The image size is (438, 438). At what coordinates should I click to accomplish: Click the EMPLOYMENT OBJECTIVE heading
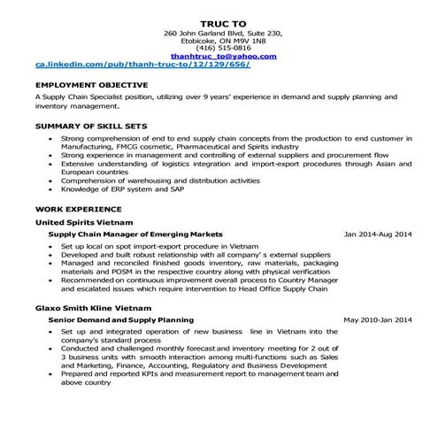[x=81, y=86]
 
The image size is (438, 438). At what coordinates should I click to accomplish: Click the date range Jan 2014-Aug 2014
[x=378, y=234]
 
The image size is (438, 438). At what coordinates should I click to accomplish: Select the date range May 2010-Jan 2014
[x=378, y=319]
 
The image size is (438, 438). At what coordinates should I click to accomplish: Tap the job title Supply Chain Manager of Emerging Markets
[x=135, y=234]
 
